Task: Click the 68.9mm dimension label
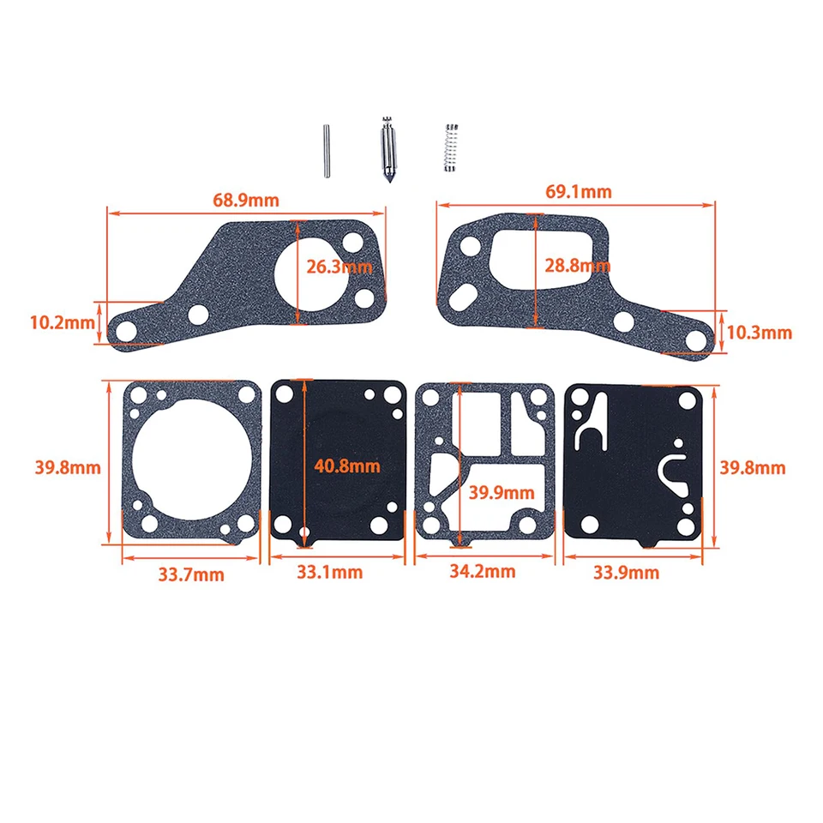point(246,200)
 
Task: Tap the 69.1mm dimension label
point(579,191)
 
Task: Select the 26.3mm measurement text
point(339,267)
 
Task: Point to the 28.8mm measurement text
point(577,266)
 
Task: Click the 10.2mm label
point(63,322)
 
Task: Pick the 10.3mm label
point(760,333)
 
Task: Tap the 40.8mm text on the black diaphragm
point(347,466)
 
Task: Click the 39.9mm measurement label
point(502,492)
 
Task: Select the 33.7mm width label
point(191,574)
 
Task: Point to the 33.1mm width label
point(329,572)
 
